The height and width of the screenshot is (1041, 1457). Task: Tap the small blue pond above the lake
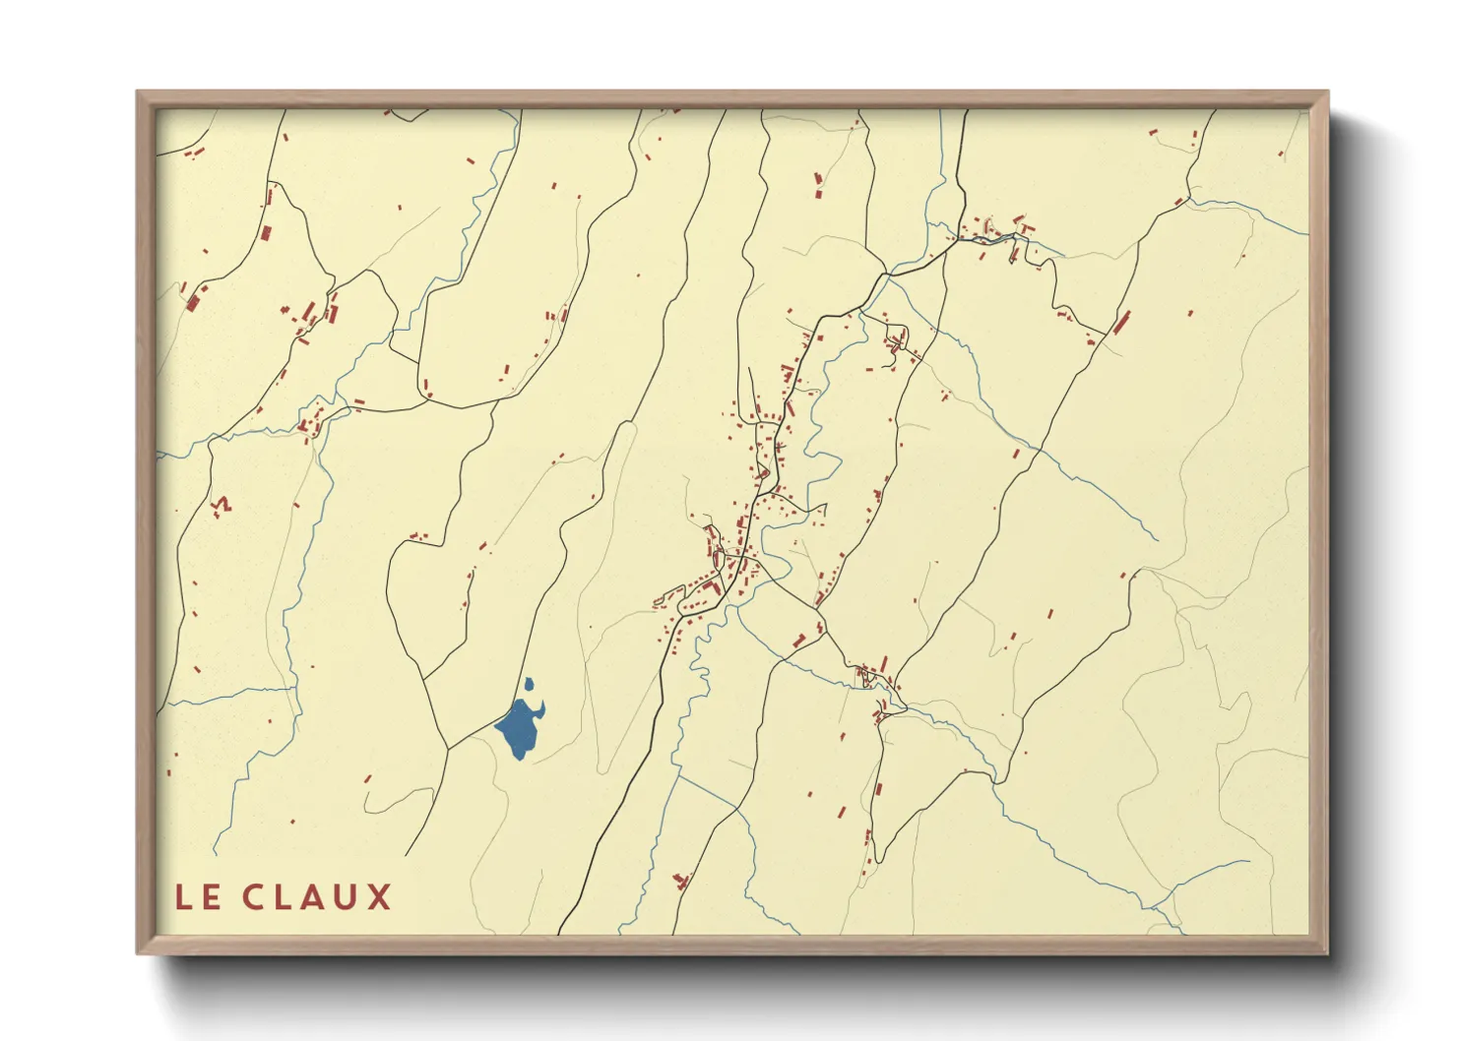pyautogui.click(x=530, y=685)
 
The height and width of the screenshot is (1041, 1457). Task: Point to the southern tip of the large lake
pyautogui.click(x=520, y=758)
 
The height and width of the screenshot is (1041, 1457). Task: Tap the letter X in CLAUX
pyautogui.click(x=378, y=897)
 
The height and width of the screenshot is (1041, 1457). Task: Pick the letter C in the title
pyautogui.click(x=253, y=897)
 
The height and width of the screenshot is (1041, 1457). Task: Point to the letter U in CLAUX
pyautogui.click(x=346, y=897)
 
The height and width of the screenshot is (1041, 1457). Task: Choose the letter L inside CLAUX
pyautogui.click(x=283, y=897)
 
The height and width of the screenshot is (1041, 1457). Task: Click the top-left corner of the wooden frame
pyautogui.click(x=138, y=92)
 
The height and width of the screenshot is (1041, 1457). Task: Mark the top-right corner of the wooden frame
pyautogui.click(x=1327, y=92)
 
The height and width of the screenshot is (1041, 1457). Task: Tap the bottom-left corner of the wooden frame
pyautogui.click(x=138, y=952)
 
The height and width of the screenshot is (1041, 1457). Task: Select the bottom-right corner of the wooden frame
pyautogui.click(x=1327, y=952)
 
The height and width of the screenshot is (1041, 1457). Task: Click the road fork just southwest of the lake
pyautogui.click(x=448, y=749)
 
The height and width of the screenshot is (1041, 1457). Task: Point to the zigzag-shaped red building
pyautogui.click(x=222, y=506)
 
